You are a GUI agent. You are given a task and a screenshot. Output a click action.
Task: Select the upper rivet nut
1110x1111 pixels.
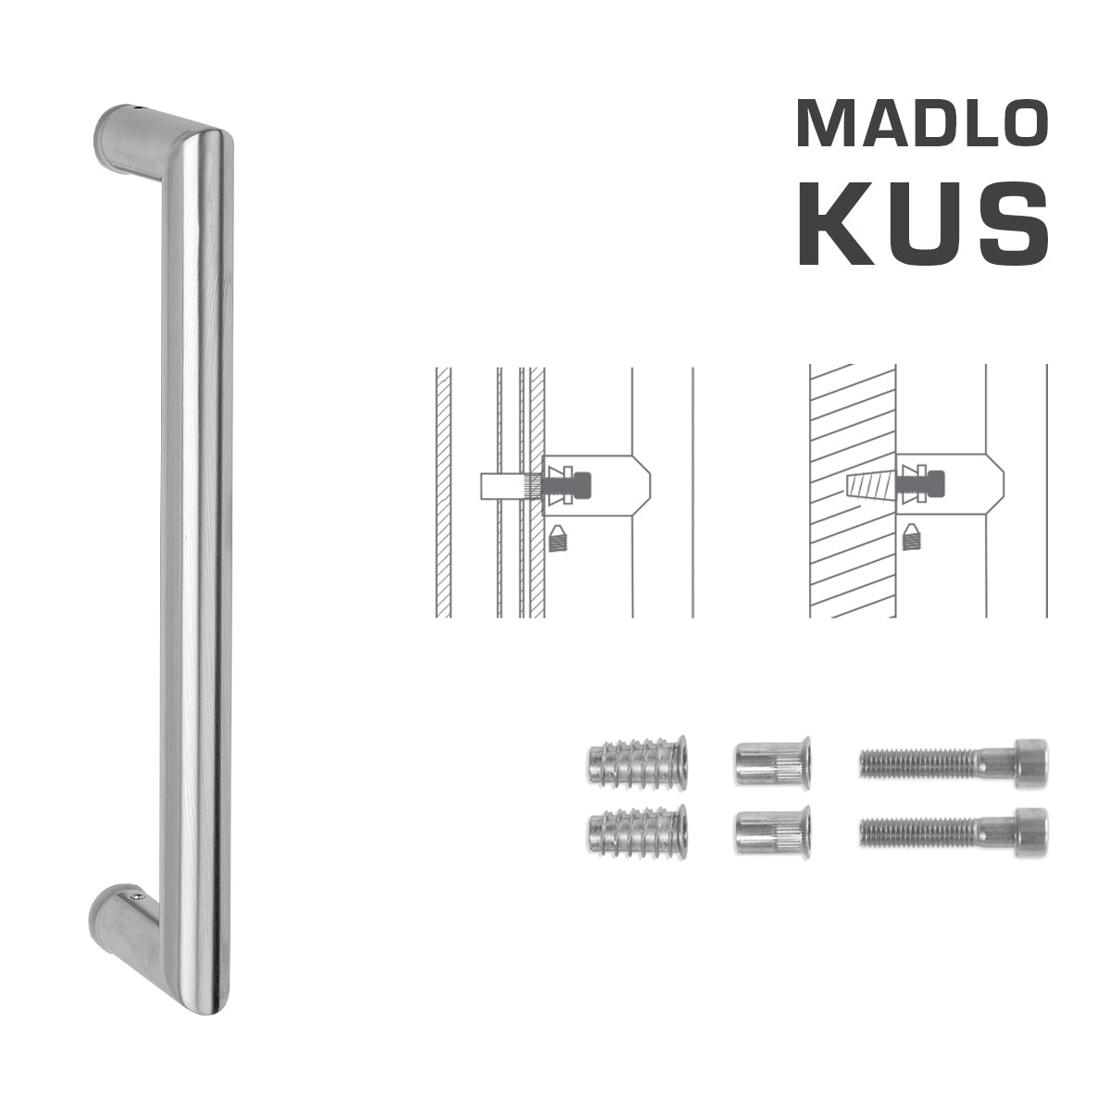pos(772,763)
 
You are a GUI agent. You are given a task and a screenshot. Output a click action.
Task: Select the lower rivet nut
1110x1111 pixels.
pos(772,830)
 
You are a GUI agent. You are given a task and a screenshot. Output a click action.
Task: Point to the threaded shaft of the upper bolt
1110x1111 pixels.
pos(917,763)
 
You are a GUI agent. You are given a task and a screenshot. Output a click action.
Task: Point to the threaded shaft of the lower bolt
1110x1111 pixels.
pos(917,830)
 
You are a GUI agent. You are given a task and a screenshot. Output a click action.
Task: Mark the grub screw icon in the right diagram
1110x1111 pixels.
pos(913,535)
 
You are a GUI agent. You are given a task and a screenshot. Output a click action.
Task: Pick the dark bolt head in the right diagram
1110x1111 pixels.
pos(938,483)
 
